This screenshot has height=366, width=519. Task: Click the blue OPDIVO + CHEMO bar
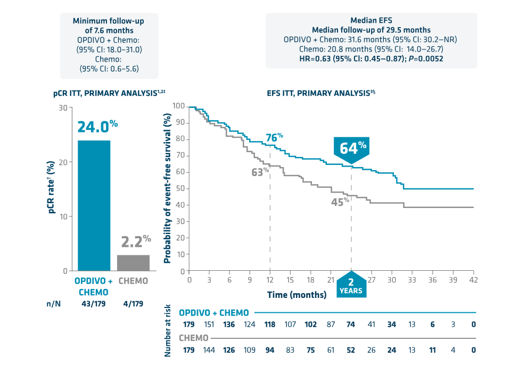(x=94, y=205)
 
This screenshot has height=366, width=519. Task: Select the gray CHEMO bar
(x=133, y=263)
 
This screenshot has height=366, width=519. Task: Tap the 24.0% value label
(x=97, y=127)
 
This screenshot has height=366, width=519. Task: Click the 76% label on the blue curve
(x=274, y=138)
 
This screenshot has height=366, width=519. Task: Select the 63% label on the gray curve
(x=260, y=172)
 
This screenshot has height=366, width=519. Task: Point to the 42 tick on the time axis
(x=473, y=280)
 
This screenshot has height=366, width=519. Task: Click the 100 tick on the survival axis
(x=179, y=107)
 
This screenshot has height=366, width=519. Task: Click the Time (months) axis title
(x=296, y=295)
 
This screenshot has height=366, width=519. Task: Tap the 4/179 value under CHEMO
(x=133, y=304)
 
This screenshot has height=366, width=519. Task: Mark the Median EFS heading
(x=371, y=21)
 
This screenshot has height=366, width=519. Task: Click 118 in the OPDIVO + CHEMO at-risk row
(x=270, y=325)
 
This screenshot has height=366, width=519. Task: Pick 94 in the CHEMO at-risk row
(x=270, y=350)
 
